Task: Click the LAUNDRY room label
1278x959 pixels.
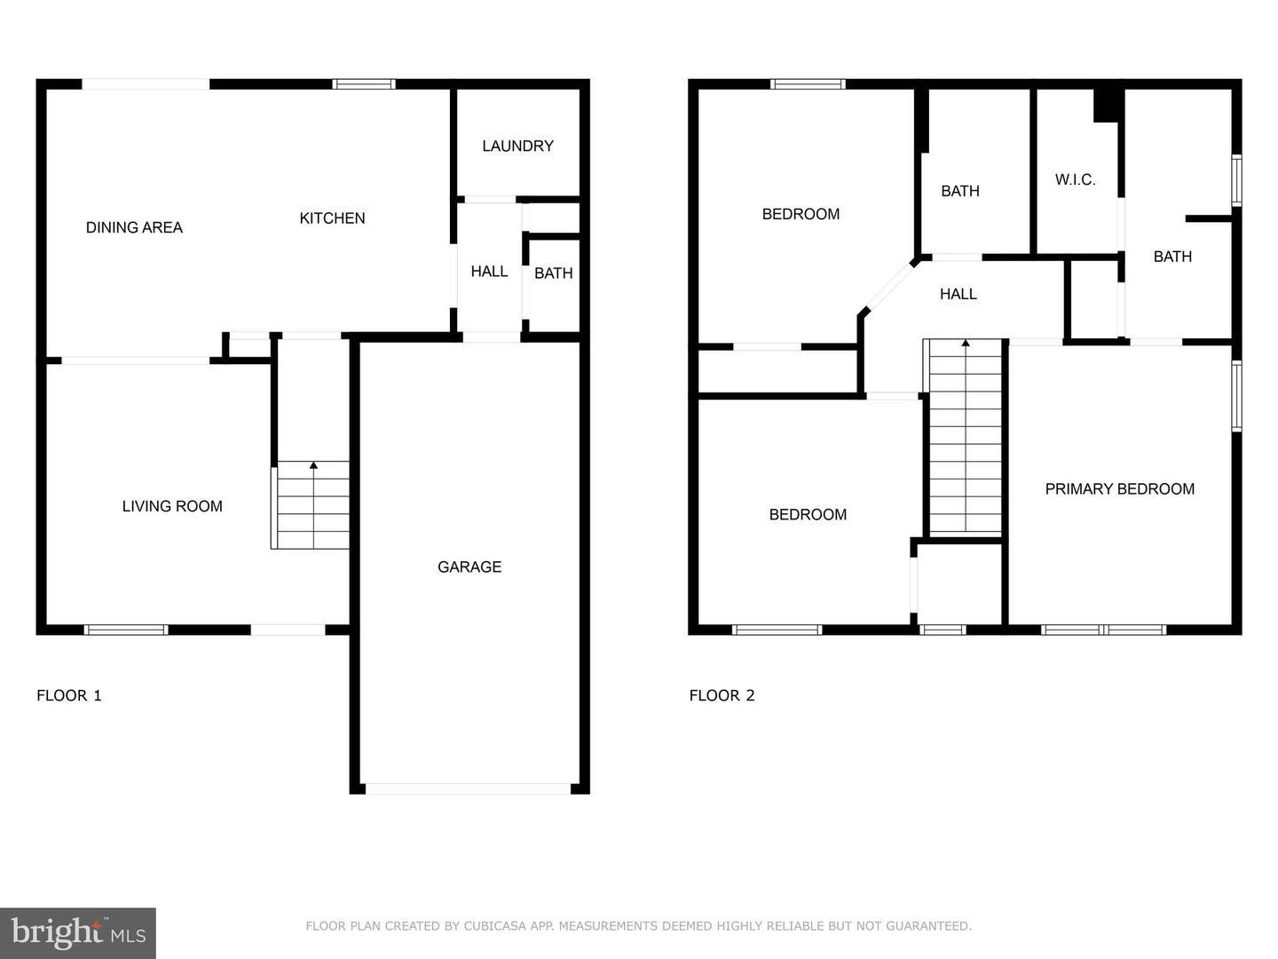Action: [517, 146]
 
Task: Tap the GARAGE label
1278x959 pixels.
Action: [469, 567]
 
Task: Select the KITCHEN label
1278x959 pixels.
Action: [332, 218]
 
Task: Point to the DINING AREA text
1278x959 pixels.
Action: [134, 227]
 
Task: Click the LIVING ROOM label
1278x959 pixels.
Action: [172, 506]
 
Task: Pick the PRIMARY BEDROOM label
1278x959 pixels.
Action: [1119, 489]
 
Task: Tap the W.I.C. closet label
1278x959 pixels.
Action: [1075, 179]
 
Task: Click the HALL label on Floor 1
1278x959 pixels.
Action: [489, 272]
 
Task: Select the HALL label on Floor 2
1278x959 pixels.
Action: [958, 294]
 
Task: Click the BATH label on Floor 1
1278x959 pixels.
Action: [553, 273]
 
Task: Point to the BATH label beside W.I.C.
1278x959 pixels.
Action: [1171, 257]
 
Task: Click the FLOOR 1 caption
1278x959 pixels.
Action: [69, 695]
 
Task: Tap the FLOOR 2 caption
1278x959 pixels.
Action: [722, 695]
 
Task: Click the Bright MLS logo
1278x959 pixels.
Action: [78, 932]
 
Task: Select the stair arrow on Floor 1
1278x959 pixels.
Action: [313, 465]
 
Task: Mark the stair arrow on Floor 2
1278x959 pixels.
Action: [966, 343]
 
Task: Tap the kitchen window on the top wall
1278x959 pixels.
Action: [364, 84]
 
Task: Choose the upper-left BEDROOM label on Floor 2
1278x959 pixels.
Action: [801, 214]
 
